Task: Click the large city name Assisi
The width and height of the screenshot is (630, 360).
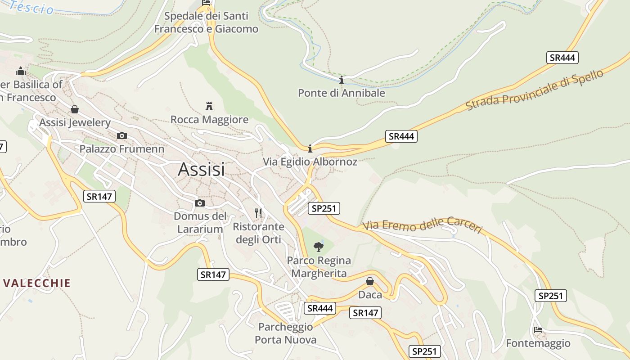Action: click(x=201, y=170)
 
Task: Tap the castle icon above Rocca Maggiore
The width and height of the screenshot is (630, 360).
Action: click(x=209, y=106)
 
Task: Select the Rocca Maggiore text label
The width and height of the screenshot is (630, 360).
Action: click(x=209, y=120)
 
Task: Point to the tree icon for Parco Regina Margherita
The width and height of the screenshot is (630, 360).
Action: click(x=319, y=247)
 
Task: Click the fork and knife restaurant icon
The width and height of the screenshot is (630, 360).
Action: click(x=258, y=213)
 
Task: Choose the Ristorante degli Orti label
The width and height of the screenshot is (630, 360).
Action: click(x=258, y=233)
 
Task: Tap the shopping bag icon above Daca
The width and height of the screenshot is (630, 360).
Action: click(x=370, y=281)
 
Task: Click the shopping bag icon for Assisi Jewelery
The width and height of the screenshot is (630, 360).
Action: click(x=75, y=109)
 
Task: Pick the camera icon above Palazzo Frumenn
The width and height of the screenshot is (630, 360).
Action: click(x=121, y=135)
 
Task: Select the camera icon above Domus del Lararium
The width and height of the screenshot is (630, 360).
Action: click(x=200, y=203)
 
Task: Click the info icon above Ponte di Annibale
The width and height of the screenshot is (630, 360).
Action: click(x=342, y=80)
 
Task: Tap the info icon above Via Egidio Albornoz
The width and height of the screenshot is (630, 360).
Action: click(x=310, y=148)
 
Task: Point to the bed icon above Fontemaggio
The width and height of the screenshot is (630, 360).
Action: click(x=538, y=330)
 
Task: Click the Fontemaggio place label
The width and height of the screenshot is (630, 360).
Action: click(x=538, y=343)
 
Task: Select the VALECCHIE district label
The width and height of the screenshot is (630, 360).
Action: click(x=37, y=283)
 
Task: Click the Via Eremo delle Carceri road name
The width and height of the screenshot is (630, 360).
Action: click(x=423, y=225)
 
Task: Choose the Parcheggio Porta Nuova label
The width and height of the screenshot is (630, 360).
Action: click(x=286, y=333)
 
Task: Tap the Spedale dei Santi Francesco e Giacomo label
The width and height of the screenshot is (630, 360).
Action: click(x=206, y=22)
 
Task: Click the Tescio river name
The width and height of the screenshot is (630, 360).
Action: click(x=32, y=7)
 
